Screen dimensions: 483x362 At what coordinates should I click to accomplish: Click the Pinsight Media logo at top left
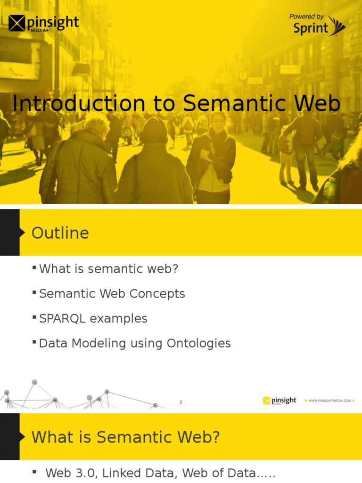click(x=43, y=23)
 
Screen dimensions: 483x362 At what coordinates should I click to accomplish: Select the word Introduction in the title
click(x=79, y=104)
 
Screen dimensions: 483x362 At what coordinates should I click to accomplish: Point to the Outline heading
click(x=60, y=233)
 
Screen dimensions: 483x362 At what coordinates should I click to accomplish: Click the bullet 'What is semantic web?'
click(x=108, y=269)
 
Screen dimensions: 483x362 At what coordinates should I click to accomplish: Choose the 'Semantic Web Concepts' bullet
click(x=112, y=294)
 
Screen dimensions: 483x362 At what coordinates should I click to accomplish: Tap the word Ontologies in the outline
click(x=198, y=343)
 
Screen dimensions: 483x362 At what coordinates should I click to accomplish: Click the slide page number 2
click(x=181, y=402)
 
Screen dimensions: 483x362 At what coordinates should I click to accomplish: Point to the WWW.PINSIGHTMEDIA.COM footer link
click(x=329, y=400)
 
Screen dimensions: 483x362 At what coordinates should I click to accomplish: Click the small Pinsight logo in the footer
click(x=280, y=400)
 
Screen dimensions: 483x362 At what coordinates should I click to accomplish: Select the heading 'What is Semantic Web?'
click(x=125, y=437)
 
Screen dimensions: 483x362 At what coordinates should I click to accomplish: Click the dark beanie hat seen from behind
click(x=153, y=130)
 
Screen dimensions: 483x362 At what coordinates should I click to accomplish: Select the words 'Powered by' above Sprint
click(x=306, y=17)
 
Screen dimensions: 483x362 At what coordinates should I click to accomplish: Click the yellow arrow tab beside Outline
click(x=21, y=233)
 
